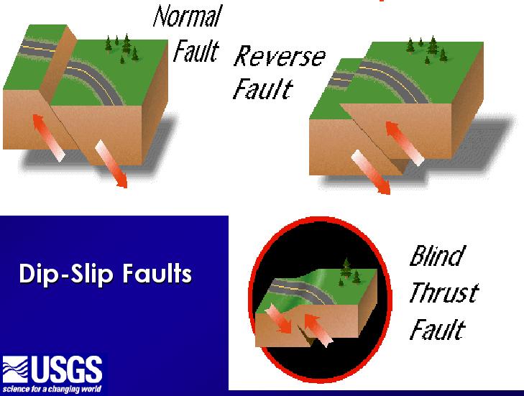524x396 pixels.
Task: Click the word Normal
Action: (188, 16)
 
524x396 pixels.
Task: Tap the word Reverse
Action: (280, 56)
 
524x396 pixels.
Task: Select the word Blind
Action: (437, 256)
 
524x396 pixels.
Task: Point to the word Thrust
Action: (443, 293)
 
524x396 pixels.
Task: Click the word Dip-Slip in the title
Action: (66, 274)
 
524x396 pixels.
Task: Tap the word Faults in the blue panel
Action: (157, 273)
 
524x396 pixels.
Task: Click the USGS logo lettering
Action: (67, 370)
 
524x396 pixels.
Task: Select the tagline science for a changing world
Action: (52, 389)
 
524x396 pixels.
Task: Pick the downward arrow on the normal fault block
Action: (111, 164)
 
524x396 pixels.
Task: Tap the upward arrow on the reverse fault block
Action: (405, 143)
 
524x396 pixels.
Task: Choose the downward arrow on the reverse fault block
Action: (371, 172)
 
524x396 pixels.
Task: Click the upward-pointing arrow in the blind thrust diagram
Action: (318, 330)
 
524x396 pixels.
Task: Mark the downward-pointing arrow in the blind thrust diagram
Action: (279, 320)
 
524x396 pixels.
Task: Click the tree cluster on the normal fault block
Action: (122, 48)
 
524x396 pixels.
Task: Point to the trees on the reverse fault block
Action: (427, 50)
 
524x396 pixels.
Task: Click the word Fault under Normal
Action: (196, 51)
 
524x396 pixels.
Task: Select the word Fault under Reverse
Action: (262, 88)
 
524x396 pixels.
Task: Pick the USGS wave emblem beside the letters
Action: (15, 369)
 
